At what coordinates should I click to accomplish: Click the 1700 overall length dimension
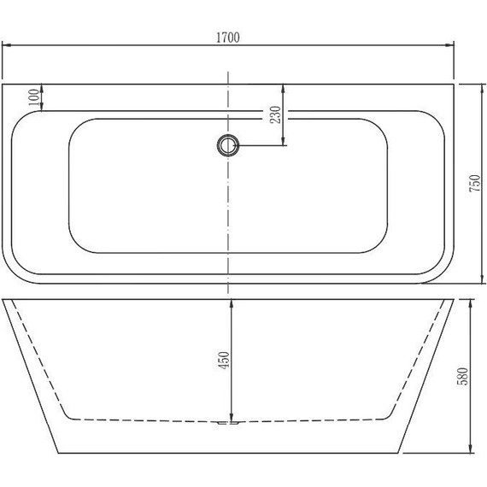pyautogui.click(x=227, y=38)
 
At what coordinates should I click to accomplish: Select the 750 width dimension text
pyautogui.click(x=476, y=183)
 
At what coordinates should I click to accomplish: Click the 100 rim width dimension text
pyautogui.click(x=33, y=97)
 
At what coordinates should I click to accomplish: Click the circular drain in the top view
pyautogui.click(x=228, y=146)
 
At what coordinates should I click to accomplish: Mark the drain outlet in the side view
pyautogui.click(x=228, y=421)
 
